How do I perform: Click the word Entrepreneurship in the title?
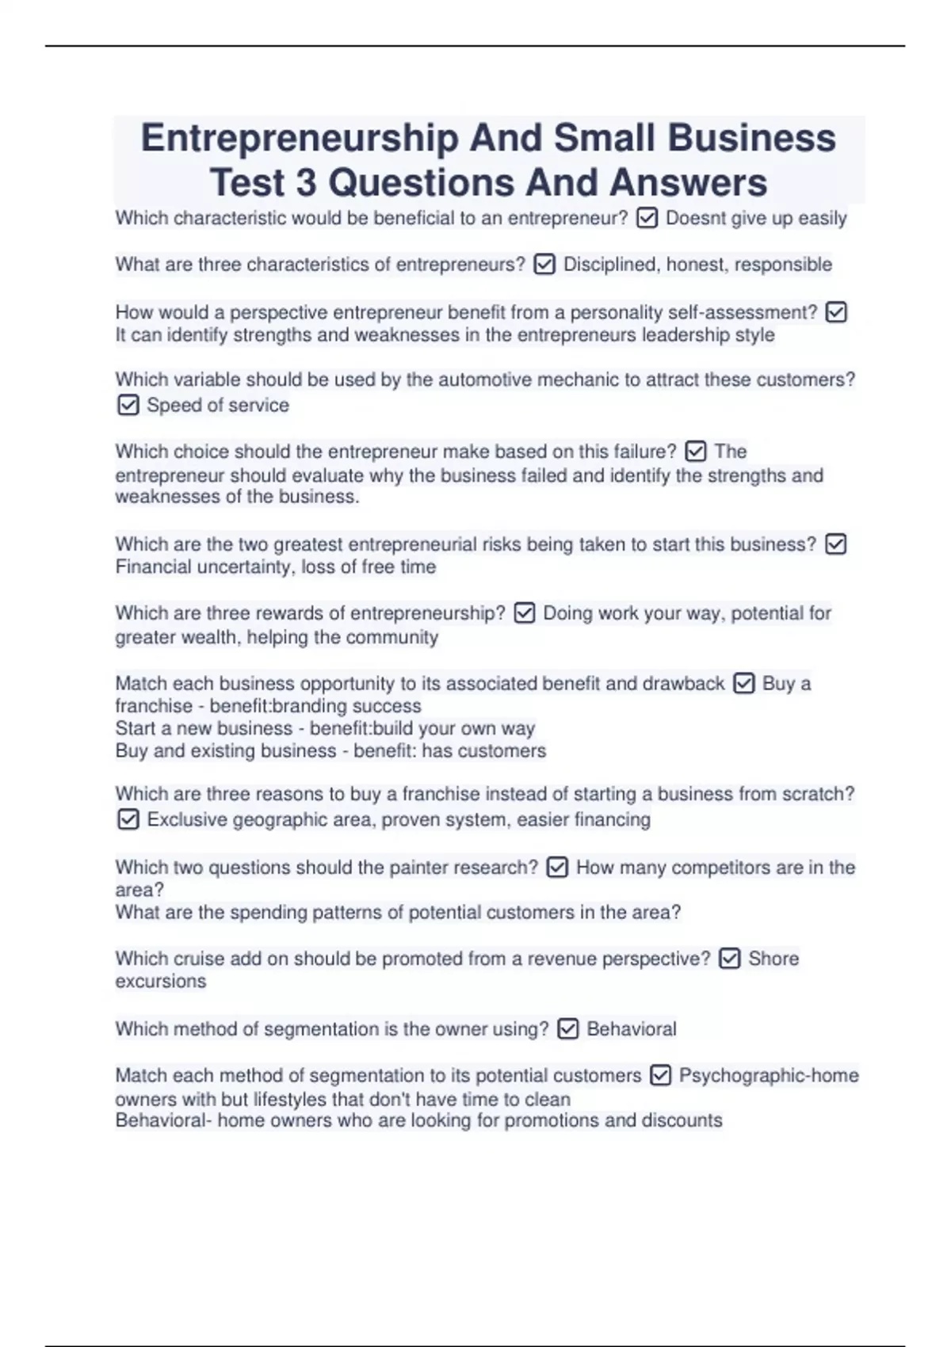(299, 138)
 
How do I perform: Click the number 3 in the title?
(305, 183)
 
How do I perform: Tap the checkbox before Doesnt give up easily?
(647, 218)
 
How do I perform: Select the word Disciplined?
(609, 265)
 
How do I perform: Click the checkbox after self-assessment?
(836, 312)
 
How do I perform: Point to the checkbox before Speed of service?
(128, 406)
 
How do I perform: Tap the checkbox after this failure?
(695, 452)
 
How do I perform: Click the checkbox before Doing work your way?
(525, 613)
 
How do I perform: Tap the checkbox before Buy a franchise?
(743, 683)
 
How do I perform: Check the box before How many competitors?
(557, 868)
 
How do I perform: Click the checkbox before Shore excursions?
(729, 959)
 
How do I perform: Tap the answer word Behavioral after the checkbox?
(632, 1029)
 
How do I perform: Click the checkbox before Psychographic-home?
(660, 1075)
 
